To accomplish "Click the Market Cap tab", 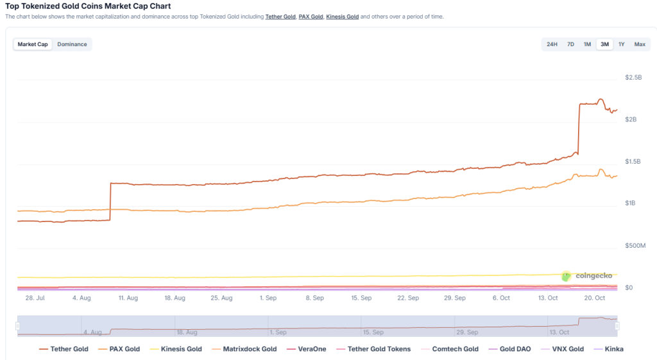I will click(33, 44).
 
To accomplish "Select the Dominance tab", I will click(72, 44).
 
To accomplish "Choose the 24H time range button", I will click(552, 44).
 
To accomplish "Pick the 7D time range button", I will click(570, 44).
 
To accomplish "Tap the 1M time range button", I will click(587, 44).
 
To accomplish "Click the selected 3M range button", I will click(604, 44).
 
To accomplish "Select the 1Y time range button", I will click(621, 44).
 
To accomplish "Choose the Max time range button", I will click(640, 44).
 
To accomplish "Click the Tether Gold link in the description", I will click(280, 16).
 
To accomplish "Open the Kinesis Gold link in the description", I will click(342, 16).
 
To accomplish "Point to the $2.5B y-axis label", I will click(633, 78).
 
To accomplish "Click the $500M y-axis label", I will click(635, 246).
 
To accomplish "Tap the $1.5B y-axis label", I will click(633, 162).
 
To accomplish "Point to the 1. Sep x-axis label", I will click(268, 298).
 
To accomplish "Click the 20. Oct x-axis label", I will click(595, 298).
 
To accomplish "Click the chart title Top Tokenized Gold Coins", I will click(88, 6).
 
